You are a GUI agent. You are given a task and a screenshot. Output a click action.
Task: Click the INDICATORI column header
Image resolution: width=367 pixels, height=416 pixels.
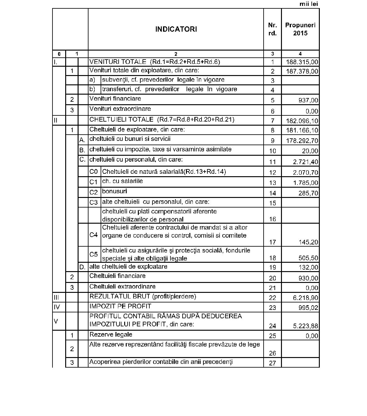[176, 29]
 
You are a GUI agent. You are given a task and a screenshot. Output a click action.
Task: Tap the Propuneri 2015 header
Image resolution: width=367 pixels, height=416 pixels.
[300, 29]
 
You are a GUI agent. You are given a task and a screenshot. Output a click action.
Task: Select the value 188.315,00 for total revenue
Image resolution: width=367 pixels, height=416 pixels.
[302, 62]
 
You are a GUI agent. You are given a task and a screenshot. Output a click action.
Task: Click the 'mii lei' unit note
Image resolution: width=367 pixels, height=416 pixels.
[309, 4]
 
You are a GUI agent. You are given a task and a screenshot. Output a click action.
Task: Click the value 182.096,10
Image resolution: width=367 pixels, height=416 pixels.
[302, 121]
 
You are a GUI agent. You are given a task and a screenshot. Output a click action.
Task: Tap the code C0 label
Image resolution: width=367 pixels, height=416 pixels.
[93, 172]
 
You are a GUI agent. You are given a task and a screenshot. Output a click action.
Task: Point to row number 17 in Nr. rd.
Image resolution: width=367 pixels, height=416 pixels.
[272, 242]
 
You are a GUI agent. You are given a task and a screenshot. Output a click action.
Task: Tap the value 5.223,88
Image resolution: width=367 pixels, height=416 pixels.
[306, 326]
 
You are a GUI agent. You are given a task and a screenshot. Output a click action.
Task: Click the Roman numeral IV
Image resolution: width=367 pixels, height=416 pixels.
[57, 307]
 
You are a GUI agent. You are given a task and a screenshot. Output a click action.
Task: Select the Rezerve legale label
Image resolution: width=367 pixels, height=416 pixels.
[111, 335]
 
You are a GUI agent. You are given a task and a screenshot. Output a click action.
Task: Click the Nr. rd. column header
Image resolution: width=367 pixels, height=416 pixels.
[272, 29]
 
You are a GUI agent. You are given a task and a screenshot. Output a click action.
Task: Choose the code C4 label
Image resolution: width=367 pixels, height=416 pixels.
[93, 235]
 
